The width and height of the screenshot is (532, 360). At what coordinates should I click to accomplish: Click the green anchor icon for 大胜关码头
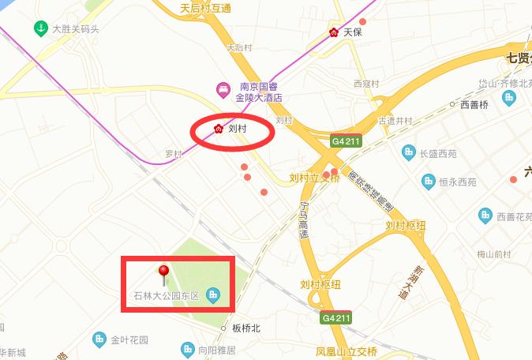pyautogui.click(x=39, y=29)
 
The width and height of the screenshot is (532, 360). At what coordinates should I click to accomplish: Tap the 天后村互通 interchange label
pyautogui.click(x=205, y=9)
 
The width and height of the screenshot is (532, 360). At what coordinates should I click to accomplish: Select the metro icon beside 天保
pyautogui.click(x=334, y=33)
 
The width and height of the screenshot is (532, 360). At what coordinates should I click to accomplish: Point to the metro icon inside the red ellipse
pyautogui.click(x=219, y=128)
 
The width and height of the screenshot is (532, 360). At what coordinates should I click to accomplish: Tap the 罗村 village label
pyautogui.click(x=174, y=154)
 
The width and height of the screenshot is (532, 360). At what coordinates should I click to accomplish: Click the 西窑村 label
pyautogui.click(x=367, y=83)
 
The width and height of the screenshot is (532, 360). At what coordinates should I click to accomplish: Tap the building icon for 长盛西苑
pyautogui.click(x=408, y=152)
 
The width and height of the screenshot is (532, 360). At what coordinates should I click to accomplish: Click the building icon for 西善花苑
pyautogui.click(x=485, y=215)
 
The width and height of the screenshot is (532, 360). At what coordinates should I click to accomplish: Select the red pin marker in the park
pyautogui.click(x=164, y=274)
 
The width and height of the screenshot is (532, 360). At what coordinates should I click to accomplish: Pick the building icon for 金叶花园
pyautogui.click(x=99, y=340)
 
